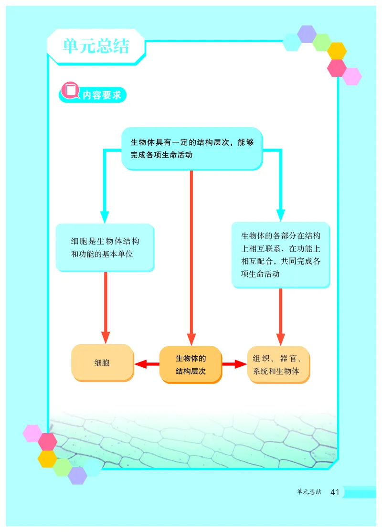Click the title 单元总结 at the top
coord(95,46)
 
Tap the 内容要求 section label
coord(102,95)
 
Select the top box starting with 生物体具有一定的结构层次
coord(191,148)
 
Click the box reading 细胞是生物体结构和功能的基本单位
coord(105,247)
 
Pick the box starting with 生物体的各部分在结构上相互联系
coord(280,255)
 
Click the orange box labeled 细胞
coord(102,362)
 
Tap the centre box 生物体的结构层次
coord(191,364)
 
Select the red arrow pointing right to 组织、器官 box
coord(233,365)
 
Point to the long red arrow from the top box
coord(191,258)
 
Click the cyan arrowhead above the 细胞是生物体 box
coord(105,216)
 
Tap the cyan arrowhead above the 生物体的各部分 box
coord(280,214)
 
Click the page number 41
coord(334,492)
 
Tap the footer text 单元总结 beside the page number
coord(308,492)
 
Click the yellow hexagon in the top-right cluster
coord(337,51)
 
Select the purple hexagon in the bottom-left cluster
coord(77,475)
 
